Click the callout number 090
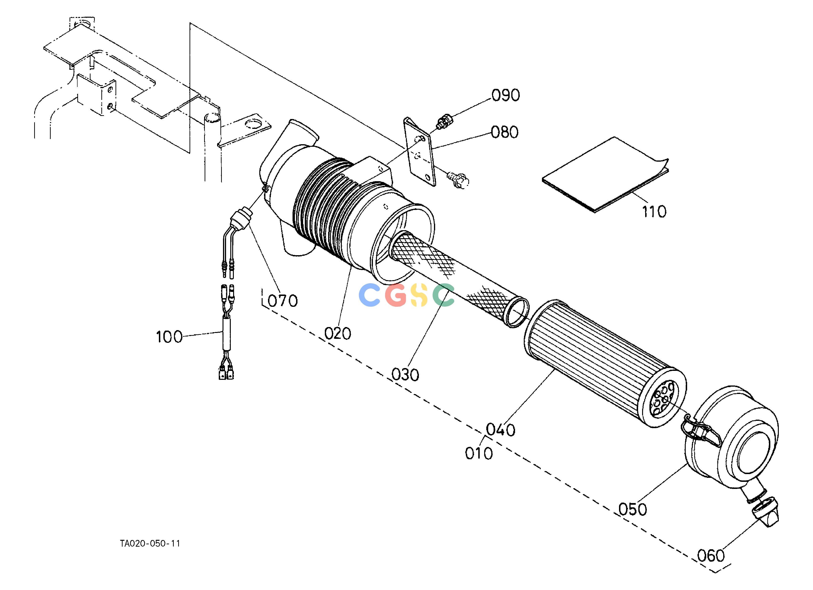point(505,95)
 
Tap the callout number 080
point(505,132)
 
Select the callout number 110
point(654,212)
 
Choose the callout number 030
point(405,375)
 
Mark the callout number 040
point(501,430)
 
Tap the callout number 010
point(479,454)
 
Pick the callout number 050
point(633,509)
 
